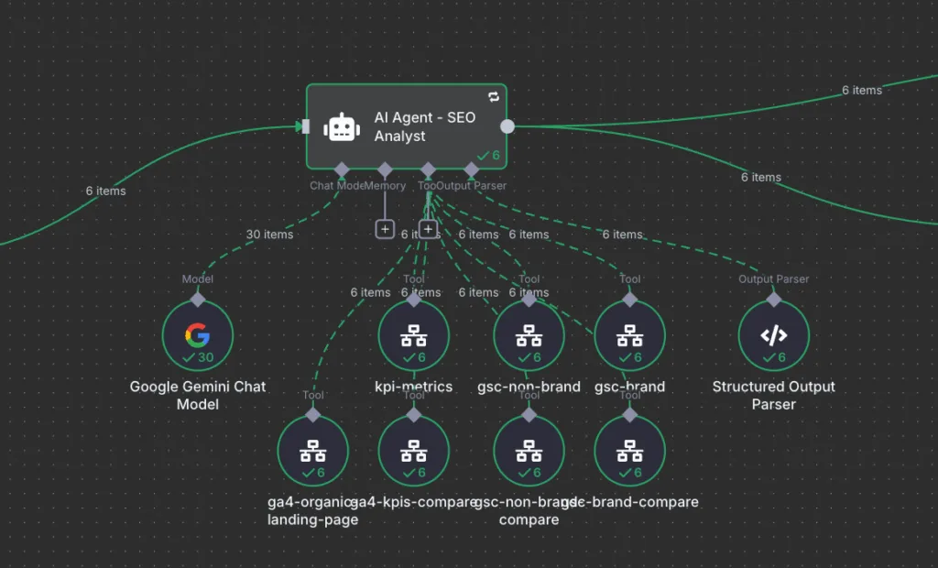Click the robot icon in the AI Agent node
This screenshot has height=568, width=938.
tap(342, 127)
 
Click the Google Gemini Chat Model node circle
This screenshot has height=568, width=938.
tap(197, 335)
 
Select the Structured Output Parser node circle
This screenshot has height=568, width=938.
tap(774, 335)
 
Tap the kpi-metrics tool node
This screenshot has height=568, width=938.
tap(414, 335)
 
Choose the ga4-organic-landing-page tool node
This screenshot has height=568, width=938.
tap(313, 451)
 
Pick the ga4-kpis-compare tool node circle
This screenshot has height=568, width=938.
tap(414, 451)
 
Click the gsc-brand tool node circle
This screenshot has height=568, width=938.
tap(629, 335)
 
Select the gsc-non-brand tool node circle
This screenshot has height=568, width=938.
tap(529, 335)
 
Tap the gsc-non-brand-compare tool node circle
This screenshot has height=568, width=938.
tap(529, 451)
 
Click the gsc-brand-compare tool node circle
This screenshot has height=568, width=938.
tap(629, 451)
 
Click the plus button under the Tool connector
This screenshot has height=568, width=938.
tap(428, 229)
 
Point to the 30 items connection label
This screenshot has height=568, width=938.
tap(269, 235)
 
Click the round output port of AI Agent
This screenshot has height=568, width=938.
tap(507, 126)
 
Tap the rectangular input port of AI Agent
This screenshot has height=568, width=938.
tap(305, 126)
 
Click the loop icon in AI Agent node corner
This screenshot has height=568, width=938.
tap(494, 96)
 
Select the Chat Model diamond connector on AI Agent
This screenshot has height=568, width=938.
tap(342, 169)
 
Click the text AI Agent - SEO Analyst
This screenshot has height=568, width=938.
tap(424, 126)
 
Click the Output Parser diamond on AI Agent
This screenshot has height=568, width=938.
tap(471, 169)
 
